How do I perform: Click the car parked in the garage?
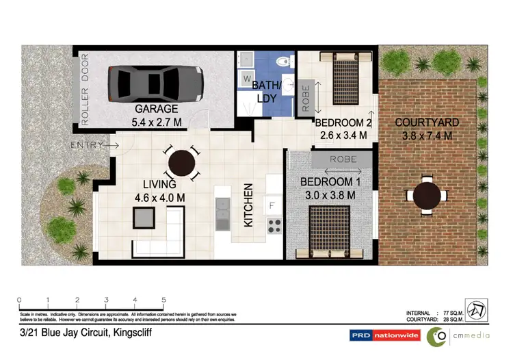pos(156,81)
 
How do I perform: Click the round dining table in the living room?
pos(181,164)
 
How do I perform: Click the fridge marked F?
pos(272,205)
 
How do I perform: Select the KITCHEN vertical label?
pos(249,205)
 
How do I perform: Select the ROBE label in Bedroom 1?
pos(342,159)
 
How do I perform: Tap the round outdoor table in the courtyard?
pos(428,194)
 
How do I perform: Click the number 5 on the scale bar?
pos(164,300)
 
